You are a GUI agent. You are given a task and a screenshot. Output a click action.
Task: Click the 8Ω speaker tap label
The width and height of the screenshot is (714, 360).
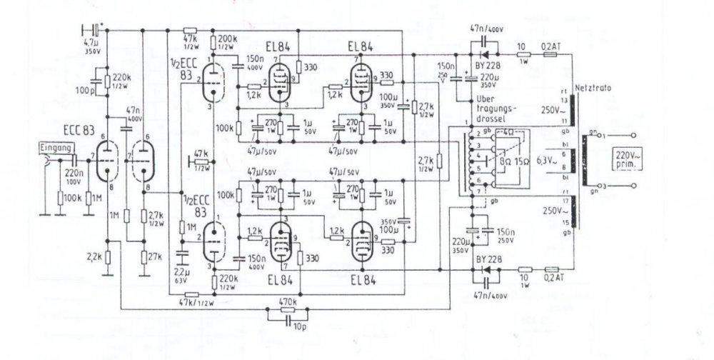[506, 161]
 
